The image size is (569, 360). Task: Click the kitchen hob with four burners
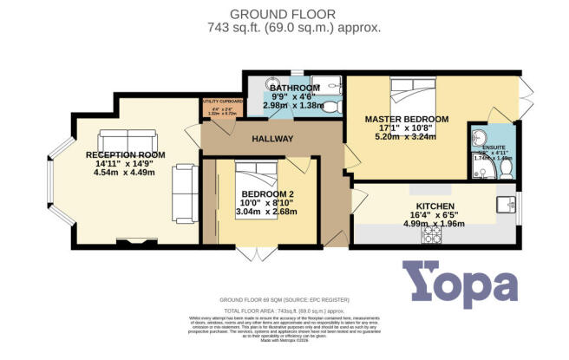pyautogui.click(x=431, y=234)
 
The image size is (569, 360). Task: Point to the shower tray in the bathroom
pyautogui.click(x=327, y=86)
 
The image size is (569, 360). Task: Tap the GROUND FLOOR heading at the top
pyautogui.click(x=284, y=13)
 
